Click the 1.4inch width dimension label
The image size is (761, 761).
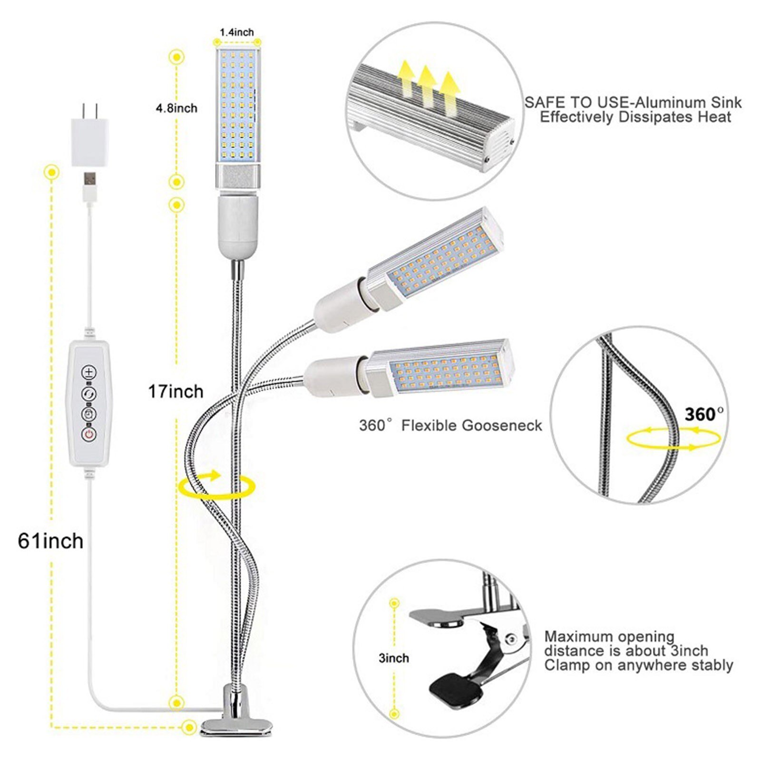tap(236, 32)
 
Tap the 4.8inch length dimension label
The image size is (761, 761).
tap(176, 108)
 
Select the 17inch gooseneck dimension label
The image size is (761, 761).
tap(176, 391)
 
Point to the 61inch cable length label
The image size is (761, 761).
tap(50, 541)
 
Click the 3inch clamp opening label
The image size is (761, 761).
tap(394, 658)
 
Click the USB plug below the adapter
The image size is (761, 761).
tap(90, 181)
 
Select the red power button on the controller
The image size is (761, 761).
tap(89, 434)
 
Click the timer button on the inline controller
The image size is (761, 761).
tap(89, 414)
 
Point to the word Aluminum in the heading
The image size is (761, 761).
tap(671, 102)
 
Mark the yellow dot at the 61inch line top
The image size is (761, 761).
tap(51, 172)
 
